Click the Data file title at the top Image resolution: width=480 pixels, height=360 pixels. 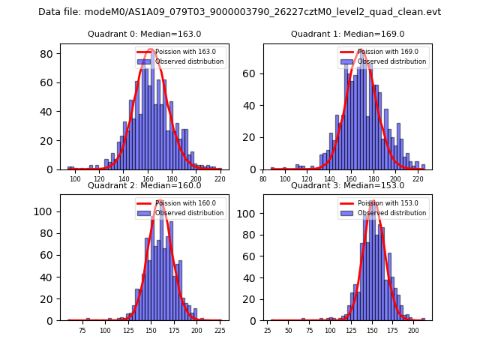(x=240, y=12)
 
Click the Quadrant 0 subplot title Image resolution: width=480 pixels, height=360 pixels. (x=144, y=34)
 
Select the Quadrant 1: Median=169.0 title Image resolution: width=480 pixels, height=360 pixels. (x=347, y=34)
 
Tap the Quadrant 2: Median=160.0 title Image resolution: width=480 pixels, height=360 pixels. (x=144, y=185)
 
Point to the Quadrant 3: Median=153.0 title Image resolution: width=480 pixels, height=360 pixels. (x=347, y=185)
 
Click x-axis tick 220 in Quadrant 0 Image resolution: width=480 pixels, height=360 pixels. (x=220, y=180)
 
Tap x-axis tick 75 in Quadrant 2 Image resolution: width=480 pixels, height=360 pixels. (x=82, y=330)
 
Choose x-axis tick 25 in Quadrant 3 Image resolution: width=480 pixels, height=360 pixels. (x=268, y=330)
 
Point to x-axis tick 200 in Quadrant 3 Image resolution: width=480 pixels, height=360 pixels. (x=413, y=330)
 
